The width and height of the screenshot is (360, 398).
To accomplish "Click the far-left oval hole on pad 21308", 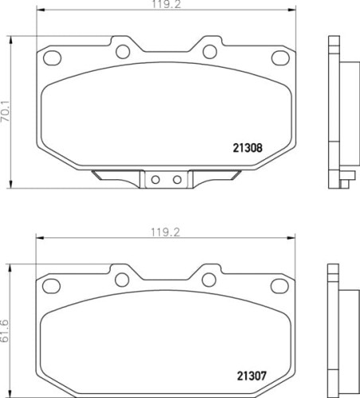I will [53, 57].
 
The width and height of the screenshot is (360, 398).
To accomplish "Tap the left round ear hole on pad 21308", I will [123, 52].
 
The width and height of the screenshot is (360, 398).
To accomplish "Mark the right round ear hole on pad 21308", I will [210, 52].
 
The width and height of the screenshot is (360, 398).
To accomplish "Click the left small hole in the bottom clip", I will [157, 180].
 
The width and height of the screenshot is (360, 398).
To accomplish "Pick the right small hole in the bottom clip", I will [176, 180].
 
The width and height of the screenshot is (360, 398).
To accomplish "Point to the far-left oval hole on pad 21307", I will [53, 284].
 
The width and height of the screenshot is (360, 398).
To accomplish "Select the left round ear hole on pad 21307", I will [123, 279].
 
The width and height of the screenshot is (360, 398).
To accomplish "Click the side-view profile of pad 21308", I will [340, 107].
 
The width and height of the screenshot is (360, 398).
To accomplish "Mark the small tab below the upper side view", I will [345, 181].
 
